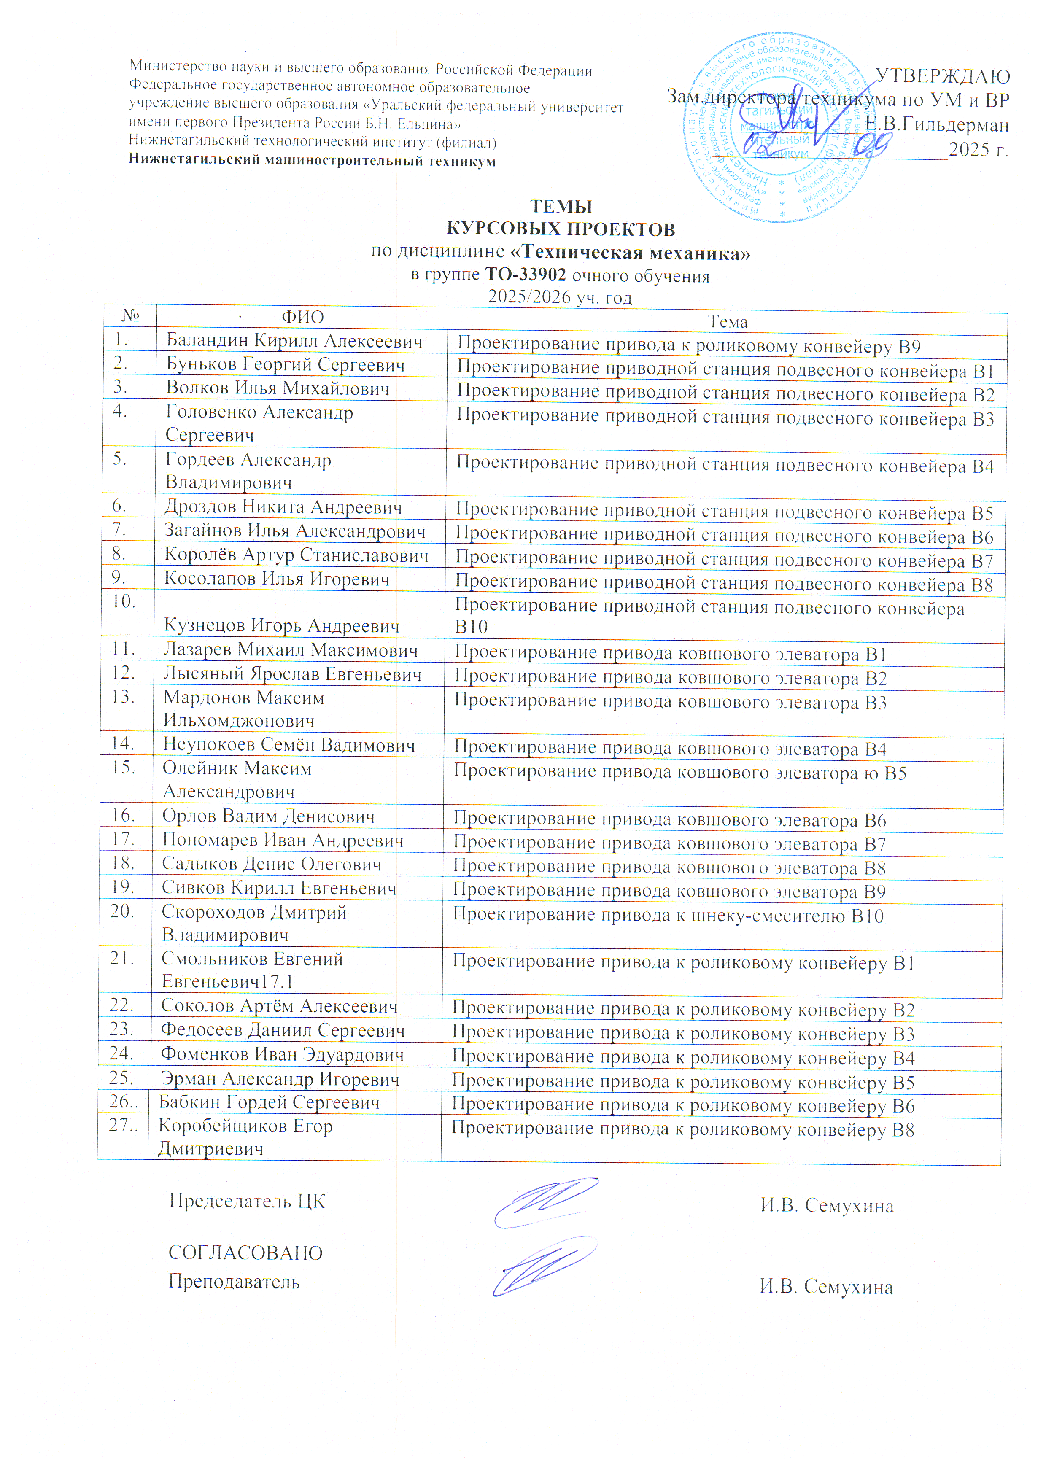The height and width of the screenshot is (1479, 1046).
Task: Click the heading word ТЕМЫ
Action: pyautogui.click(x=561, y=207)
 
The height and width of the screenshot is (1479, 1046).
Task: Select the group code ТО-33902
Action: pyautogui.click(x=526, y=275)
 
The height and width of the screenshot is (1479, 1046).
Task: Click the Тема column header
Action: pyautogui.click(x=728, y=321)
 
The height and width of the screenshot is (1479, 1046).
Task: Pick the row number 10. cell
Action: pyautogui.click(x=123, y=602)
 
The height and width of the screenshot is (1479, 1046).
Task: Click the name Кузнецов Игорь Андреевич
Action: pyautogui.click(x=281, y=625)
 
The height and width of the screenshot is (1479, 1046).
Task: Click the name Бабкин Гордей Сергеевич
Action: pyautogui.click(x=269, y=1102)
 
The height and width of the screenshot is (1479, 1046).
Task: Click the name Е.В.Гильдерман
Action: pyautogui.click(x=936, y=124)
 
